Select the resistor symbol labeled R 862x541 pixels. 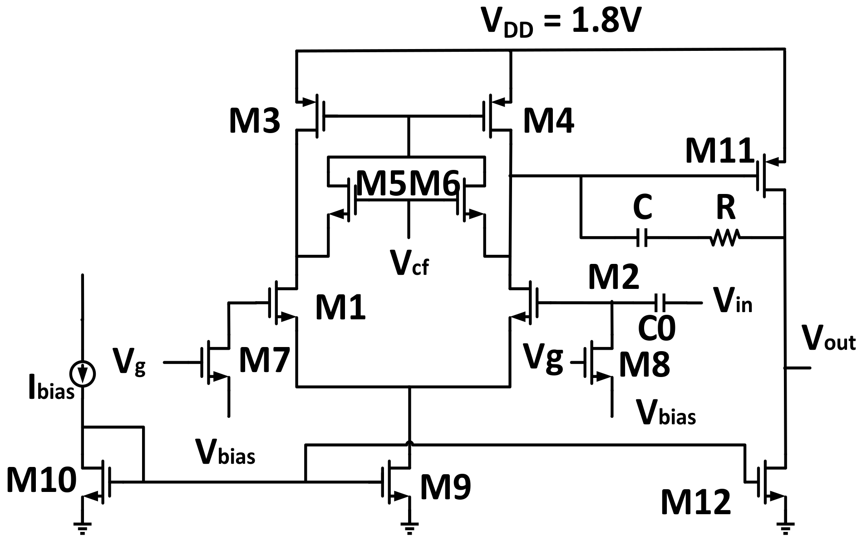pos(724,237)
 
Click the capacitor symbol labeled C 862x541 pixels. pos(642,237)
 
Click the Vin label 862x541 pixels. pos(732,301)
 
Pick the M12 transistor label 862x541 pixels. pos(695,502)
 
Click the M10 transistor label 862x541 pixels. pos(41,481)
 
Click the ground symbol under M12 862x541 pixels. pos(785,526)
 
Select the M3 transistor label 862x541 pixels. pos(254,122)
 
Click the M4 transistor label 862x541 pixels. pos(548,122)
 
